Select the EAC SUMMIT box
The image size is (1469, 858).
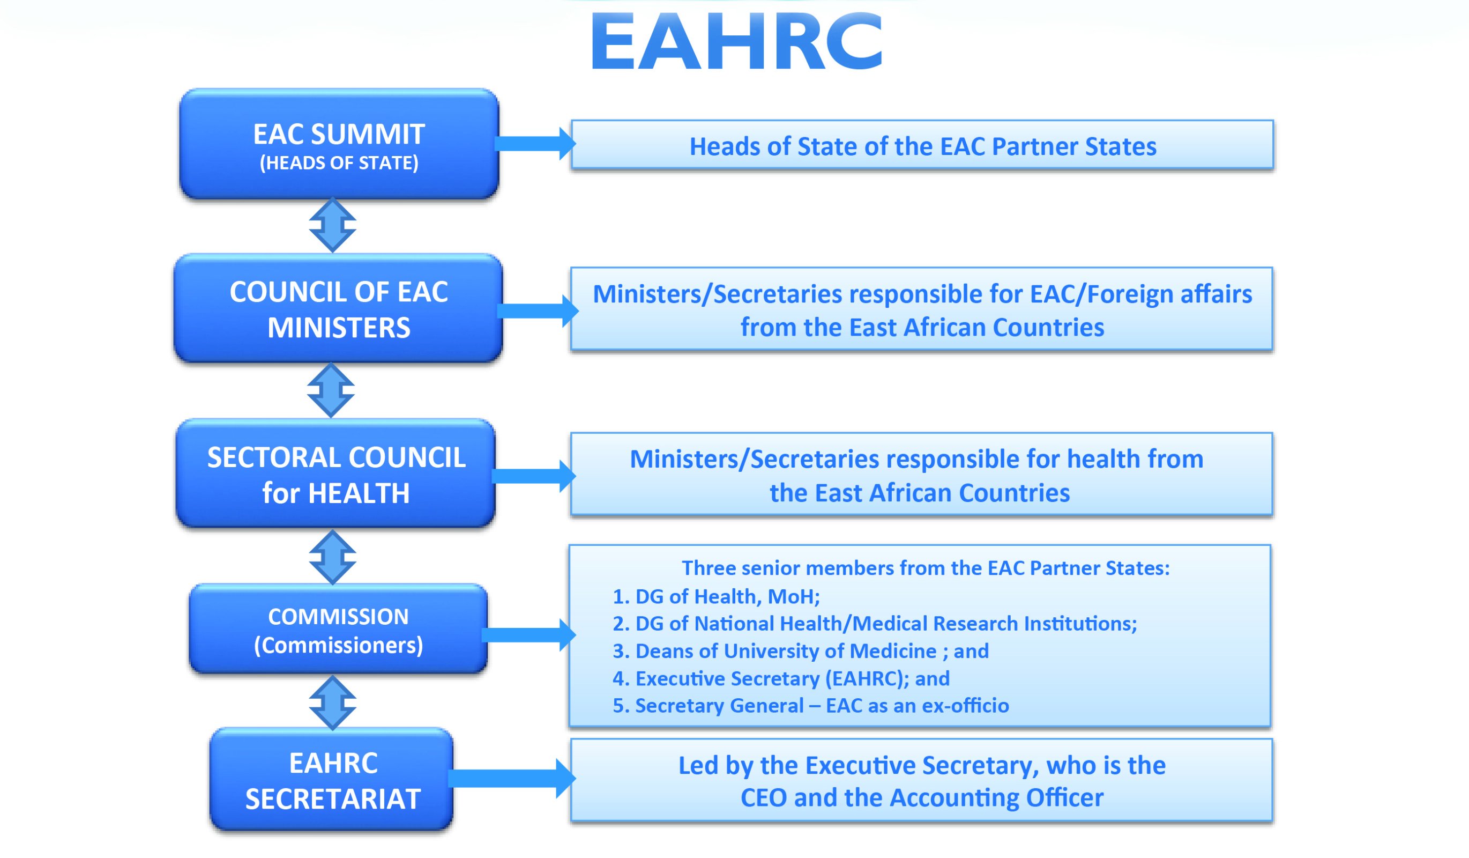pyautogui.click(x=339, y=144)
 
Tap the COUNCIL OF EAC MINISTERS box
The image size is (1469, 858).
pyautogui.click(x=338, y=308)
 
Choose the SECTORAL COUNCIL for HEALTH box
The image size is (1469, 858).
pyautogui.click(x=336, y=474)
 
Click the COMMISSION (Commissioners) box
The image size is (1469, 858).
pyautogui.click(x=338, y=630)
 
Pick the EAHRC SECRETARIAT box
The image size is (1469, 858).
pyautogui.click(x=332, y=780)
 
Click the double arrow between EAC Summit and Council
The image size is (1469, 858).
pyautogui.click(x=332, y=225)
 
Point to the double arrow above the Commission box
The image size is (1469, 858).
pyautogui.click(x=332, y=557)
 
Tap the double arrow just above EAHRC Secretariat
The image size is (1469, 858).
pyautogui.click(x=332, y=703)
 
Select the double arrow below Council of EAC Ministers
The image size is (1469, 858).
pyautogui.click(x=331, y=390)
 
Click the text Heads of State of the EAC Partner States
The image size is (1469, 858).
pyautogui.click(x=922, y=146)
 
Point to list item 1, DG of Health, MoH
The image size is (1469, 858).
pyautogui.click(x=716, y=597)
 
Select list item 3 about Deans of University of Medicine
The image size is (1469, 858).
pyautogui.click(x=800, y=651)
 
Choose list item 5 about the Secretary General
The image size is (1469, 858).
pyautogui.click(x=810, y=706)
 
